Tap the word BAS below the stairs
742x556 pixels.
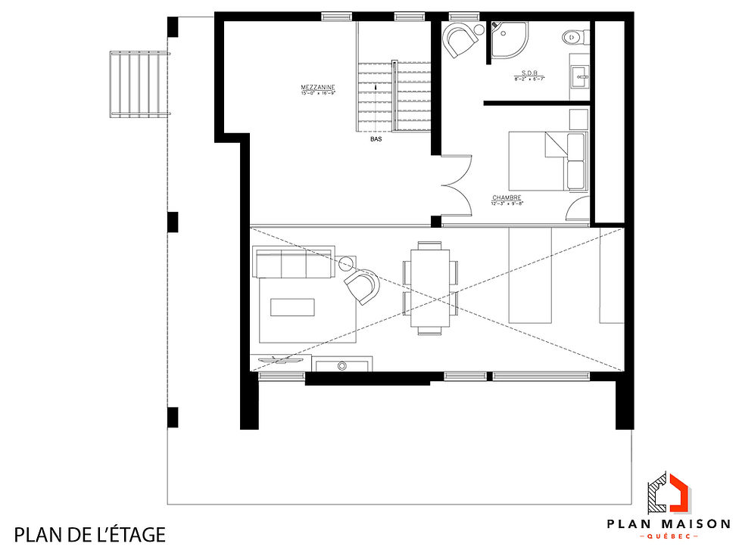(376, 140)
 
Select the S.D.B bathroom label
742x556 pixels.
(529, 73)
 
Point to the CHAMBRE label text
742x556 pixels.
(507, 198)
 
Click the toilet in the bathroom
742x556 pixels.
(575, 35)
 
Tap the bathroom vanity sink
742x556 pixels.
(580, 74)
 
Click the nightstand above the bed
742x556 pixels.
(578, 119)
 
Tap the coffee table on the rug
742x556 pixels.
(292, 306)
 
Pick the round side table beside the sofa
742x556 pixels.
(348, 263)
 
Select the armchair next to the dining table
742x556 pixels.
(362, 286)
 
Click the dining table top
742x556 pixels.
(430, 287)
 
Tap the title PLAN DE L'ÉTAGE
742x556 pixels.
(89, 535)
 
